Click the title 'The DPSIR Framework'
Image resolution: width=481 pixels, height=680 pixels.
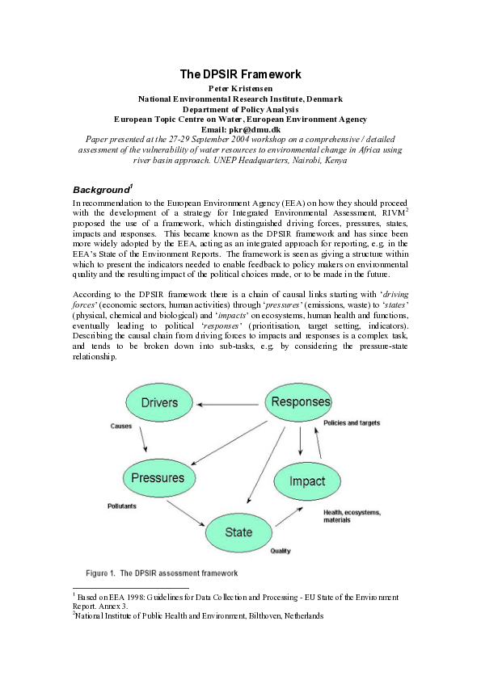[x=240, y=74]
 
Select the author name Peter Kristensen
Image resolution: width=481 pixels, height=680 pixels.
[x=240, y=87]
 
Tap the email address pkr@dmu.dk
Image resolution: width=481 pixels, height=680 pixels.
[x=240, y=128]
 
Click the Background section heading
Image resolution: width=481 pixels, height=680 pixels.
[x=102, y=190]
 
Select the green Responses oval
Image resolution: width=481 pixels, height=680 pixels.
[x=300, y=401]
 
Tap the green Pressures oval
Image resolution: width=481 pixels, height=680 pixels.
[x=158, y=477]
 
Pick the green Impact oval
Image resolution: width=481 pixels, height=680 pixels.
[x=306, y=481]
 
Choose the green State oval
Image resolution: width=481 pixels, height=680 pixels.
[x=238, y=532]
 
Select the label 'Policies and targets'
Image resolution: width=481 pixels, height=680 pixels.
[x=352, y=423]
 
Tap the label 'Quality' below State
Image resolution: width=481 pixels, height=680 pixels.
[x=280, y=552]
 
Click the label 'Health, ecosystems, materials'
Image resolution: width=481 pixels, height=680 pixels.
[x=352, y=516]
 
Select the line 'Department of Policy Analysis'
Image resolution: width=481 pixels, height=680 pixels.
[x=240, y=108]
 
